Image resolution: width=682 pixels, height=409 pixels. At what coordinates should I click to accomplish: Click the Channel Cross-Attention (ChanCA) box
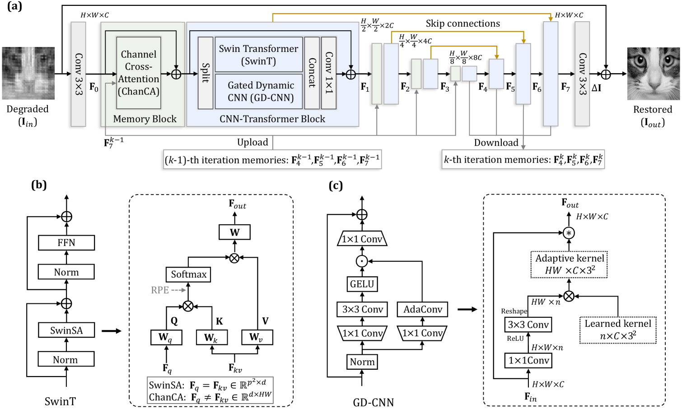tap(139, 73)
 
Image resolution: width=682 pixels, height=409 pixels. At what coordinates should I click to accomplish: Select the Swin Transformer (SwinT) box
tap(258, 55)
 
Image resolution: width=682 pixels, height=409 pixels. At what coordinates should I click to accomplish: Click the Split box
tap(206, 73)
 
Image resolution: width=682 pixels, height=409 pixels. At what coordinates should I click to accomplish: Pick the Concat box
tap(312, 73)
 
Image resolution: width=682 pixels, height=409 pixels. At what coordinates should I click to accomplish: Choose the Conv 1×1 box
tap(329, 73)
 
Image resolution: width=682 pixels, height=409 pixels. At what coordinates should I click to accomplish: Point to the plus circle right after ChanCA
tap(176, 74)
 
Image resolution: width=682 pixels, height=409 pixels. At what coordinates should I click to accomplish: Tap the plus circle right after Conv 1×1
tap(351, 74)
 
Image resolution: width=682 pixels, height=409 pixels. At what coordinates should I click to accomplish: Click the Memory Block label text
tap(145, 119)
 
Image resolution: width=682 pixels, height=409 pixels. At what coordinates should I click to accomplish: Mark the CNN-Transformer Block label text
tap(272, 119)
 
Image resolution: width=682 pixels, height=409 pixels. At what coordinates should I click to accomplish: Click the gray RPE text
tap(160, 290)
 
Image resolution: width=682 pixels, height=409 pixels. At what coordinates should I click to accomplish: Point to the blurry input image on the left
tap(28, 73)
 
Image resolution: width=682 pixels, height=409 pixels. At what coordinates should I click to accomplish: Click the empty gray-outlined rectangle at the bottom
tap(210, 390)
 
